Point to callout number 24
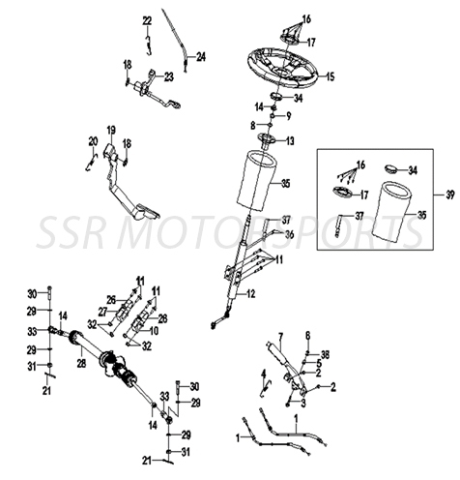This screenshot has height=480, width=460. pyautogui.click(x=201, y=57)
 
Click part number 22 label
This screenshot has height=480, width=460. pyautogui.click(x=147, y=20)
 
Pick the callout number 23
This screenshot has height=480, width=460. pyautogui.click(x=168, y=76)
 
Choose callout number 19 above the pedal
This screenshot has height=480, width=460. pyautogui.click(x=111, y=130)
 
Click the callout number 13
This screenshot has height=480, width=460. pyautogui.click(x=289, y=140)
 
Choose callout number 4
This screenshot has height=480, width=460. pyautogui.click(x=263, y=374)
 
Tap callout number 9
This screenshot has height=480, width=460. pyautogui.click(x=287, y=115)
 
